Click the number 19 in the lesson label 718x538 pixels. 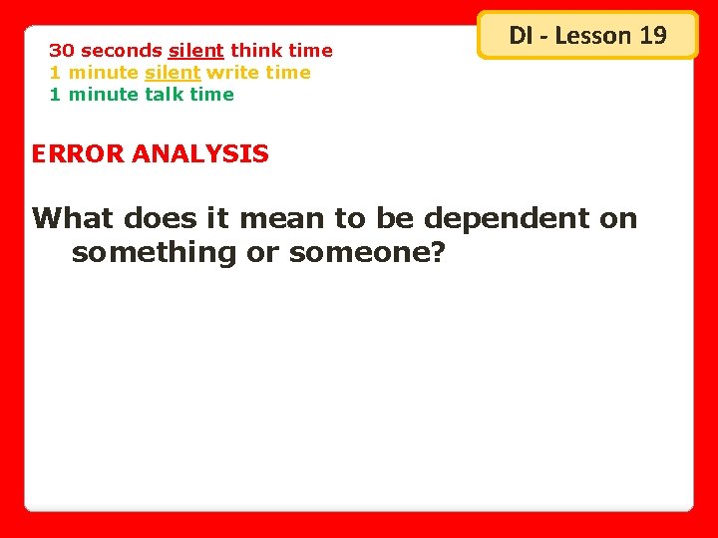coord(652,36)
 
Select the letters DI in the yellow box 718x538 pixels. coord(521,36)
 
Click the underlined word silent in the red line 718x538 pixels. coord(196,51)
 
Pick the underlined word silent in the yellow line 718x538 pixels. coord(174,73)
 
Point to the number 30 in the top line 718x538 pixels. coord(62,51)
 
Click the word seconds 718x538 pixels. coord(122,51)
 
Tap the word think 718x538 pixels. coord(257,51)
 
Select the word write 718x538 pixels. coord(233,73)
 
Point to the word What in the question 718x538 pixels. coord(74,218)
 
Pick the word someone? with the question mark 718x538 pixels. coord(366,252)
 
